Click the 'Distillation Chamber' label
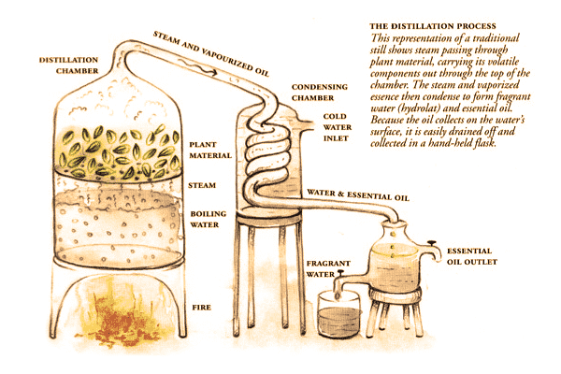pos(68,65)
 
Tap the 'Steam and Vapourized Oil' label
pos(211,53)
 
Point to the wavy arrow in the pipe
pos(198,67)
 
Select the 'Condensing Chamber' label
pos(319,93)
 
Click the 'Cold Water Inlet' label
pos(338,127)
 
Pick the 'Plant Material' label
pos(210,150)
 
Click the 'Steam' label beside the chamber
pos(202,185)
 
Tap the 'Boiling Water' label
pos(208,219)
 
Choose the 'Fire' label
pos(201,308)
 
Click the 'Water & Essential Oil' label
pos(358,195)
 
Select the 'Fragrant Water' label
pos(328,268)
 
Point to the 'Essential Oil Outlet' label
pos(472,256)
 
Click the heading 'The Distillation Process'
pos(433,26)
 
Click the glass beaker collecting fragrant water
pos(339,314)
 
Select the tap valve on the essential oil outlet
pos(432,243)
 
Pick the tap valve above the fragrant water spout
pos(340,273)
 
